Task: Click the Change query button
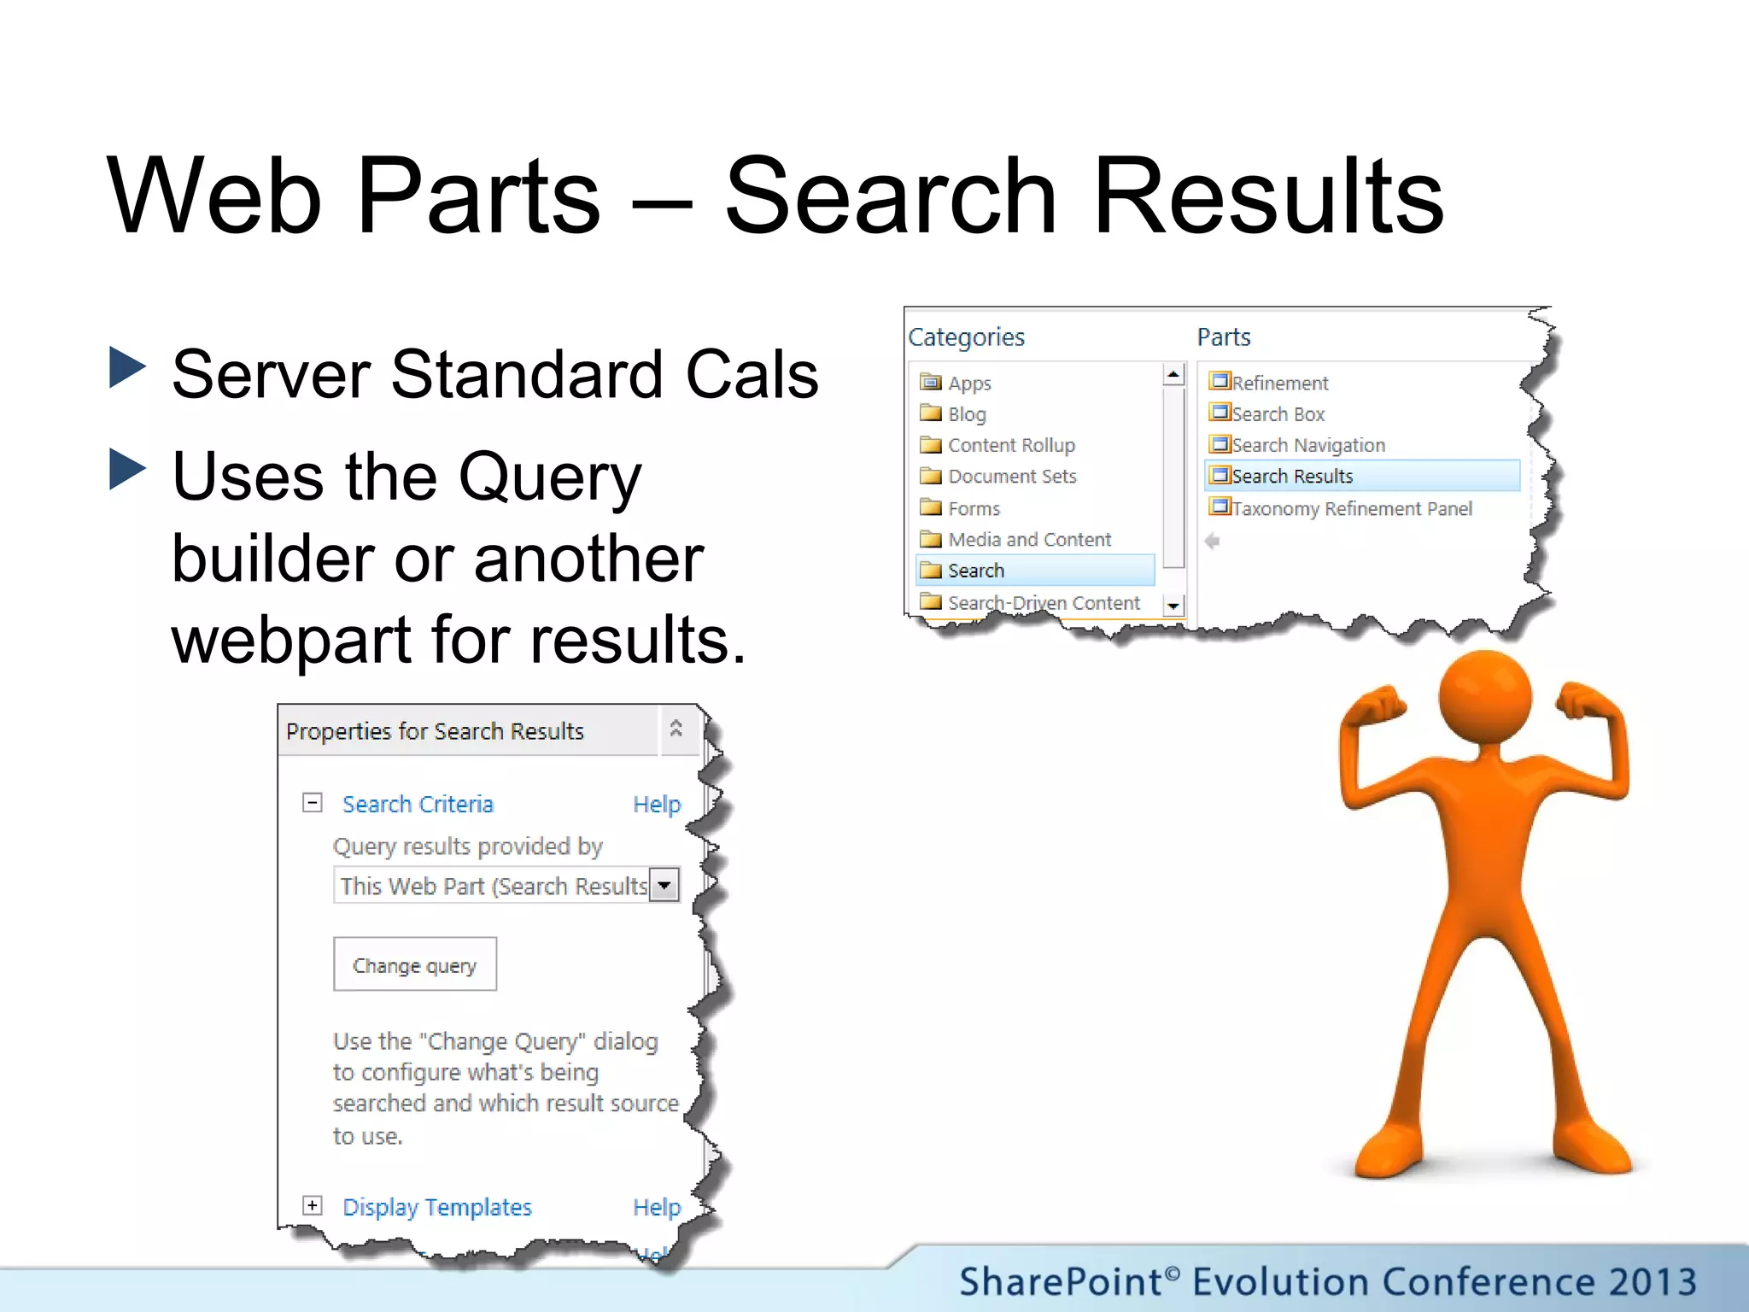coord(414,964)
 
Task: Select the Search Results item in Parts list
coord(1291,476)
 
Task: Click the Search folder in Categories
coord(975,571)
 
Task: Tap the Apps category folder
coord(968,384)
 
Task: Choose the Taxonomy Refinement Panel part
coord(1351,509)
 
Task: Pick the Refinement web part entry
coord(1279,384)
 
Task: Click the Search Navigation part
coord(1307,445)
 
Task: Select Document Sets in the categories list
coord(1011,477)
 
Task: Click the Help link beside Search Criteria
coord(657,805)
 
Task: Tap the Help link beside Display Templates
coord(657,1207)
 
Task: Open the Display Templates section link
coord(437,1207)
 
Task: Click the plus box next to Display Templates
coord(313,1205)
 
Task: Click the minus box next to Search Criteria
coord(313,802)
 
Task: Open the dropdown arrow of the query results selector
coord(664,886)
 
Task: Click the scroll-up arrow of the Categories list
coord(1173,374)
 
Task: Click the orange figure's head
coord(1484,696)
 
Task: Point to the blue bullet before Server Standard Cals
coord(128,368)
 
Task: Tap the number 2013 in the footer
coord(1652,1282)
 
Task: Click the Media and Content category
coord(1029,540)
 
